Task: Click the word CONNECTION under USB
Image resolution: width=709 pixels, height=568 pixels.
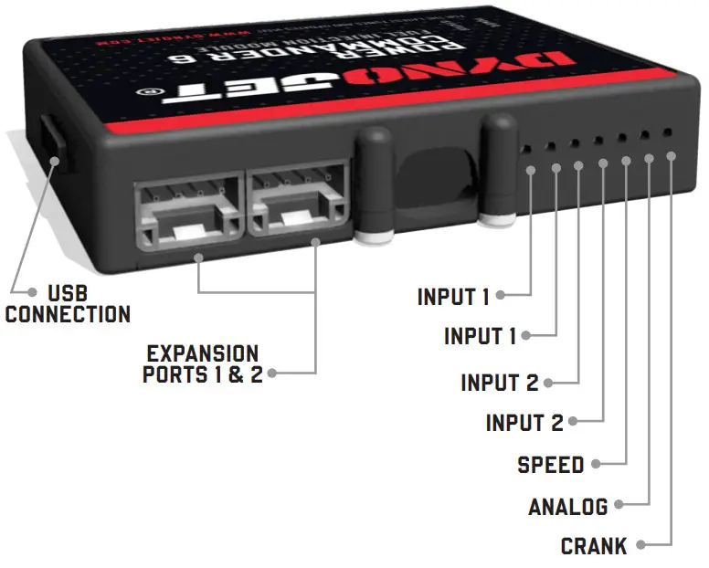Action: [68, 315]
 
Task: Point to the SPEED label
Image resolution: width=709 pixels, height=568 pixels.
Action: [550, 465]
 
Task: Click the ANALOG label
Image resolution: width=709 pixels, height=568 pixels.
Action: [567, 507]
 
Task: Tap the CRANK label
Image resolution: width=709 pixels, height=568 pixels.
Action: [594, 547]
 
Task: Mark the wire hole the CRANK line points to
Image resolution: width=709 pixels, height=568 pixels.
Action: [668, 132]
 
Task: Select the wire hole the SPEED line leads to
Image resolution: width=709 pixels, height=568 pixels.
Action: [621, 137]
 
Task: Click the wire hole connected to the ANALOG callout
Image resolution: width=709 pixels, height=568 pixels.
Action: [645, 135]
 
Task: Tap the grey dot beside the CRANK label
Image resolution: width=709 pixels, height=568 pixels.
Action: [640, 546]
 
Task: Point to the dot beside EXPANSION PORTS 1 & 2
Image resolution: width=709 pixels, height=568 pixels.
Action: [272, 373]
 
